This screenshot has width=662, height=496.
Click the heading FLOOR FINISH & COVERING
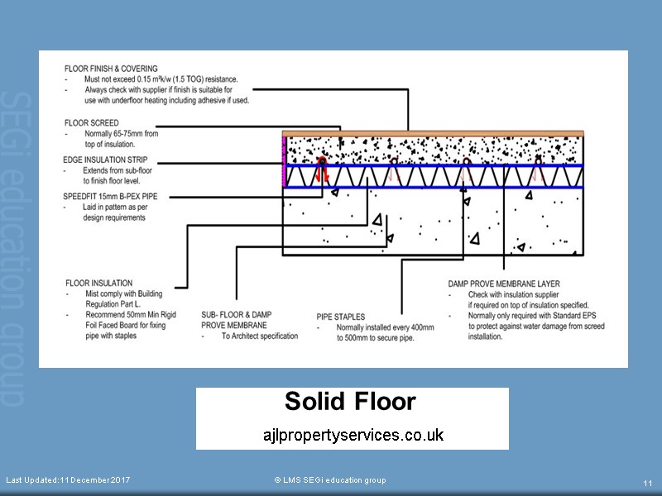110,69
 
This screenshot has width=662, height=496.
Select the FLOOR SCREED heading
90,123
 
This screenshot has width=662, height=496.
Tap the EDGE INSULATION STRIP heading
105,160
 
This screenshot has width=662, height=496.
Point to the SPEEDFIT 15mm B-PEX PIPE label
110,197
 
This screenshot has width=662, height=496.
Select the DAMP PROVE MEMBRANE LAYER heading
504,284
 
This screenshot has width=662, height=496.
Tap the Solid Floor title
350,402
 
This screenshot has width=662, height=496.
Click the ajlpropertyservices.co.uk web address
353,434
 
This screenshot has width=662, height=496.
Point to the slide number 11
648,483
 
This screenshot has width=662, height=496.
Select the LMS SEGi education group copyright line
329,480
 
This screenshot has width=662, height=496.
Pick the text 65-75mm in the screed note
143,133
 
